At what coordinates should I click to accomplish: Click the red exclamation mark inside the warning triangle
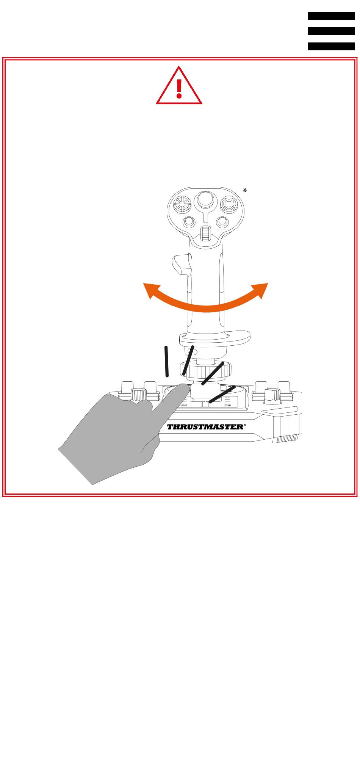(179, 88)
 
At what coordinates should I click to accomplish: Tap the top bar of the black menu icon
(331, 16)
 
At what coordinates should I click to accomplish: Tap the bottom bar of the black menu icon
(331, 46)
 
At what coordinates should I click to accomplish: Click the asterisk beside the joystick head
(245, 191)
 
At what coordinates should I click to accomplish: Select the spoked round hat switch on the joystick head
(183, 205)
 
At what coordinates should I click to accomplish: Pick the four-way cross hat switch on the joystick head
(229, 205)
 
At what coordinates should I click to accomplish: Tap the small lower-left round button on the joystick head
(188, 222)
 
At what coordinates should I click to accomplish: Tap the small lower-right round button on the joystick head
(222, 222)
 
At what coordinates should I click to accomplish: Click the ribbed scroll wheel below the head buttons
(205, 234)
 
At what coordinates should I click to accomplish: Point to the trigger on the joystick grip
(182, 266)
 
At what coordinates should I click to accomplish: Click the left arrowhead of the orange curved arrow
(149, 290)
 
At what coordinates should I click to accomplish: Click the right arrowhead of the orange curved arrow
(261, 290)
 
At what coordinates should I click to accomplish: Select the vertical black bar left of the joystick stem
(166, 361)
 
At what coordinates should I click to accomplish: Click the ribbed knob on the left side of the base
(139, 395)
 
